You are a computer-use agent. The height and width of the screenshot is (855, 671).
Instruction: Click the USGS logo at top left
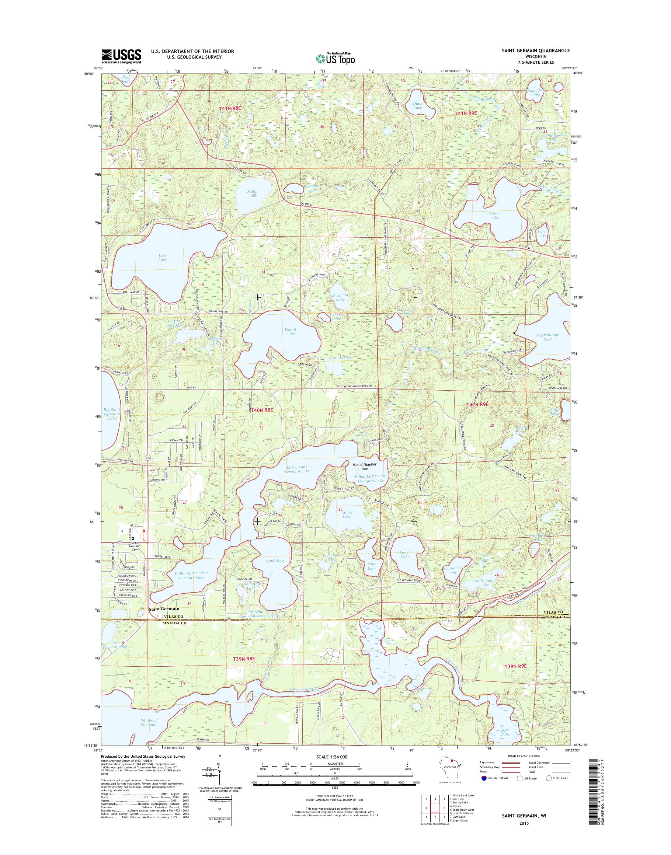(121, 56)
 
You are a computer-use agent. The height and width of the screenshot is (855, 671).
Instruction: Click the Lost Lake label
(162, 258)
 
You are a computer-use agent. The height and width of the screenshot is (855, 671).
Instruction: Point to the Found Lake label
(290, 332)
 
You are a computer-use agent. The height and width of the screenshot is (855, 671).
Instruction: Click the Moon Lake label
(347, 514)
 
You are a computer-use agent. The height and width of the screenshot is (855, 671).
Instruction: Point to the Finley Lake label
(405, 554)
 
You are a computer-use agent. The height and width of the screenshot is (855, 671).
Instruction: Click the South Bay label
(274, 561)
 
